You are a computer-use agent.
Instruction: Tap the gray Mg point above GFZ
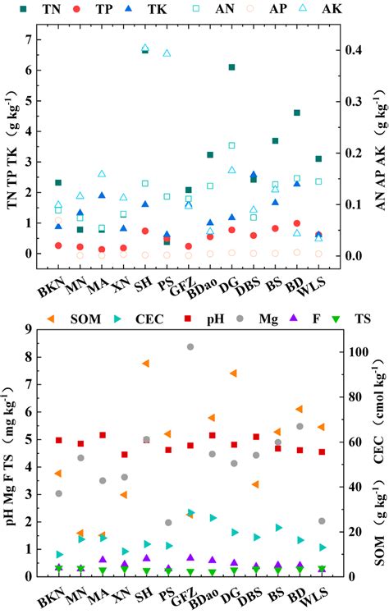pos(190,347)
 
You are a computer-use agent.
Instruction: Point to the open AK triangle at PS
pos(167,53)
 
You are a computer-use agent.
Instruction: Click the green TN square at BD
pos(296,112)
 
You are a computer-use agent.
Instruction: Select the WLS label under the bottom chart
pos(317,592)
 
